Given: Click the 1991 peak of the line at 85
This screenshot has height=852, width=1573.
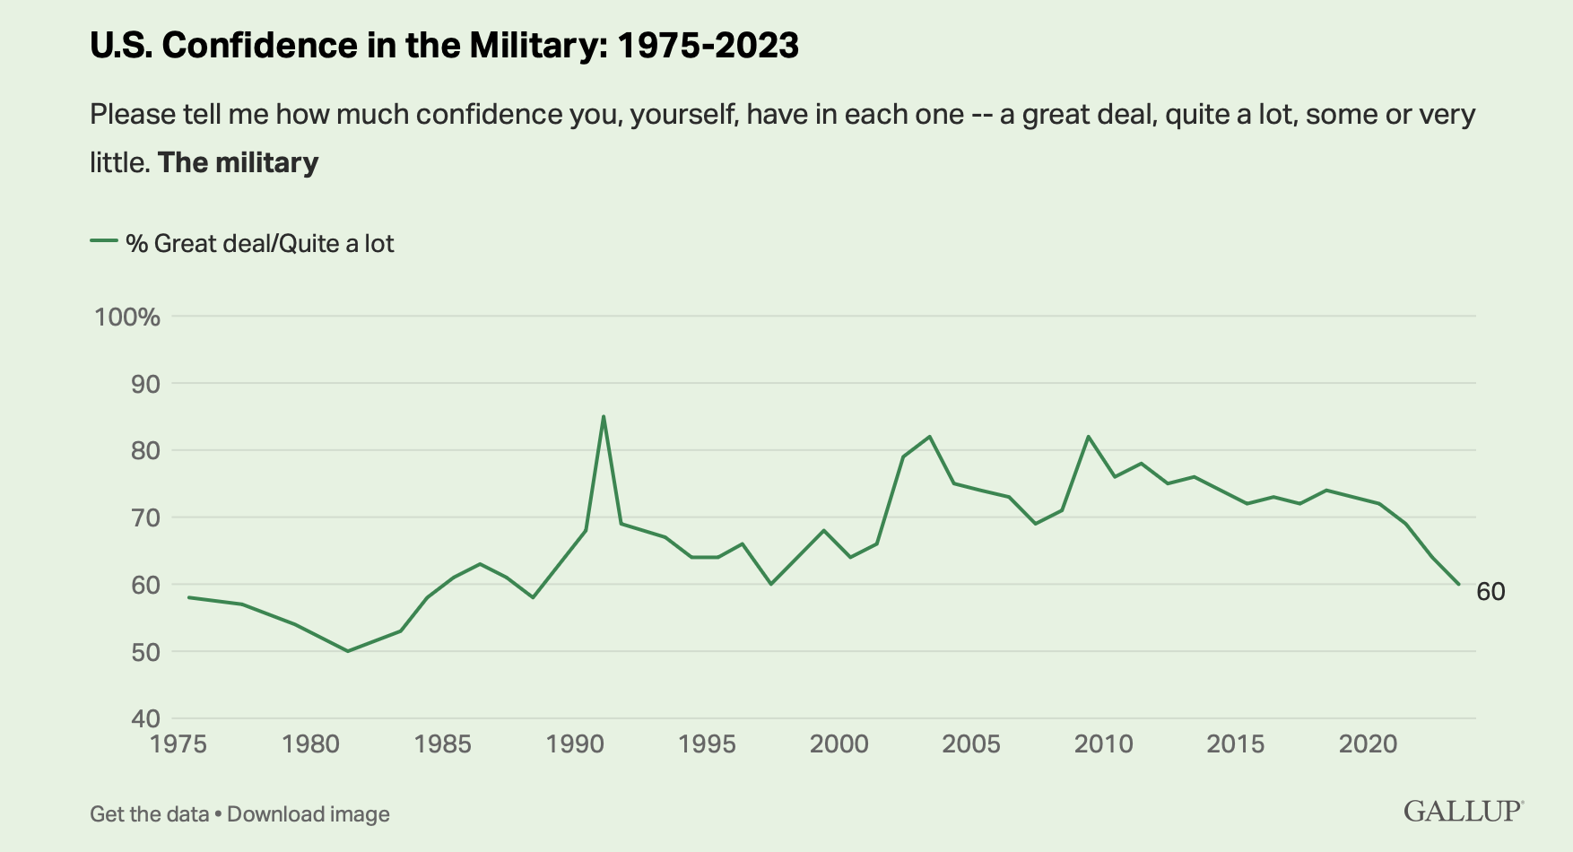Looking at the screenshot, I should (x=603, y=416).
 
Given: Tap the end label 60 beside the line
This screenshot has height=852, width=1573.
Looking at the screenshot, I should (x=1490, y=592).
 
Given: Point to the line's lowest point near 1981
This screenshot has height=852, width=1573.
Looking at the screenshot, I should (x=347, y=650).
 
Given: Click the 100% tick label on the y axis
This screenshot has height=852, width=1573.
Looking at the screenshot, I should (x=127, y=317).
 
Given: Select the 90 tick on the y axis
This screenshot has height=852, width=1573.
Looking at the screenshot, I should (x=143, y=384).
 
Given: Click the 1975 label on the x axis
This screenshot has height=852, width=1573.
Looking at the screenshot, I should (x=178, y=744).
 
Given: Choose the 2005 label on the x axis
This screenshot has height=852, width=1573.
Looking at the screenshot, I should (x=971, y=744).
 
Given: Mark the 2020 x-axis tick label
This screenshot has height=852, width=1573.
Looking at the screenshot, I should (x=1368, y=744).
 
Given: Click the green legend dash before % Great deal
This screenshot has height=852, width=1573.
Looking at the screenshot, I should (x=104, y=241).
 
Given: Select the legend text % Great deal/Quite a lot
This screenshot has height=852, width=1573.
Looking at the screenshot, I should (x=260, y=244).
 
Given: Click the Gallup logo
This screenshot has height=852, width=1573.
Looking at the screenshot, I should (x=1464, y=811).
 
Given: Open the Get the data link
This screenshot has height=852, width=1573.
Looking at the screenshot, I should (x=149, y=814).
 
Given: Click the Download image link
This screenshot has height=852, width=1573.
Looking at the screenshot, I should (x=309, y=814).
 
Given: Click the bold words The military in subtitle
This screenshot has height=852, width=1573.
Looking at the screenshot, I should (x=239, y=162).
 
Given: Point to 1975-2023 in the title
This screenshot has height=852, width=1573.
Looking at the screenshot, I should (x=708, y=45).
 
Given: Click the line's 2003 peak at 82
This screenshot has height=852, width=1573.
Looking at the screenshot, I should (x=929, y=437).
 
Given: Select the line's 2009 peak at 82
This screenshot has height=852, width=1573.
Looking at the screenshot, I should (x=1088, y=437).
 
